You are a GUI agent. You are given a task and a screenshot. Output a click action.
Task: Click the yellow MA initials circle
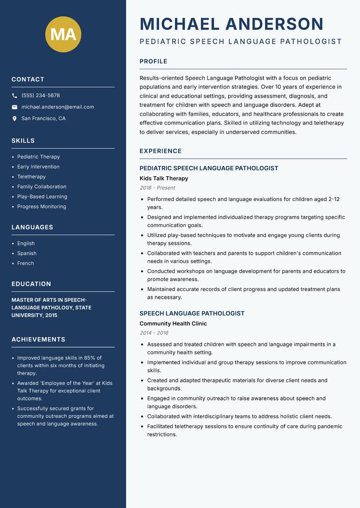point(63,34)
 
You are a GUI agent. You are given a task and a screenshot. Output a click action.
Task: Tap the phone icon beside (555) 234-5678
point(14,96)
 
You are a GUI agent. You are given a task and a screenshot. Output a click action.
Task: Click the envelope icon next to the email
point(14,107)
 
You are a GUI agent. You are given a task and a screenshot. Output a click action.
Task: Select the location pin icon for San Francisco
point(14,119)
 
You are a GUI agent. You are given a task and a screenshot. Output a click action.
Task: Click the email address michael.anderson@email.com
point(58,107)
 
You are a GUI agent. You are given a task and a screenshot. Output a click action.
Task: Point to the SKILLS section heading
point(23,141)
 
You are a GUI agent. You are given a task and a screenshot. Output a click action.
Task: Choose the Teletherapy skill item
point(31,177)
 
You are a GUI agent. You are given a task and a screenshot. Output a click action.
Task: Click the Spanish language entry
point(27,254)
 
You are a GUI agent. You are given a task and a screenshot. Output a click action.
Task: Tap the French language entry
point(26,263)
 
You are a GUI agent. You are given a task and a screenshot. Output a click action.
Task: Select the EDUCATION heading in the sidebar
point(31,284)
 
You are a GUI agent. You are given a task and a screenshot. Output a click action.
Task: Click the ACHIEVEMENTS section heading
point(38,339)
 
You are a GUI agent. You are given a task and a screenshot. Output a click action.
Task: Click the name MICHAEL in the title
point(180,24)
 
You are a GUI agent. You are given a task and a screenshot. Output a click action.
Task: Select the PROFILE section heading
point(153,62)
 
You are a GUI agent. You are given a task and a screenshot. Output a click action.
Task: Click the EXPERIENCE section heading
point(161,151)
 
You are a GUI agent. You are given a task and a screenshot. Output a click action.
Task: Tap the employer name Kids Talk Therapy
point(164,178)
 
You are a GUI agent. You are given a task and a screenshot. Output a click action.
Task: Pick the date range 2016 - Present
point(157,188)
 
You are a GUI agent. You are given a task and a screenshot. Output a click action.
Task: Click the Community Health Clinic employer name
point(173,324)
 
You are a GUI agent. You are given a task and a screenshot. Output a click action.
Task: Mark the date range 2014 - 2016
point(154,333)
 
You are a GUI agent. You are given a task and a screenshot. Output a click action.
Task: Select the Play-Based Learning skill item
point(42,196)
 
